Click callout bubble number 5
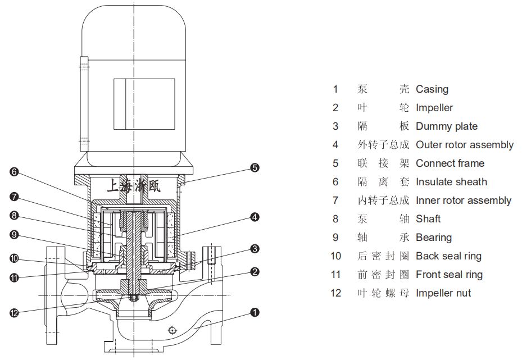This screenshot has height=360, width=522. [x=255, y=167]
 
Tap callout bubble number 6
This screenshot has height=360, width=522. [x=15, y=172]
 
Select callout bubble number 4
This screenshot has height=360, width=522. [x=255, y=216]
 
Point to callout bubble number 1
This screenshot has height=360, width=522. [x=255, y=312]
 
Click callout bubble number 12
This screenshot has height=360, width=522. [x=15, y=313]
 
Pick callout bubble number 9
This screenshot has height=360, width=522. [x=15, y=235]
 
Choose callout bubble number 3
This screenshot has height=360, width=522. [x=255, y=248]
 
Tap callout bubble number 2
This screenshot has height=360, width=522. [x=255, y=272]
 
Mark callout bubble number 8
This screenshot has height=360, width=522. [x=15, y=215]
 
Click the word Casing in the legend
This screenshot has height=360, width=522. [x=432, y=89]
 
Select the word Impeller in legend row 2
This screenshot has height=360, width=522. [x=434, y=108]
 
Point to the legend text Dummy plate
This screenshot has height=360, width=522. [x=446, y=126]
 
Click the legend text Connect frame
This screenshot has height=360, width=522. [x=450, y=163]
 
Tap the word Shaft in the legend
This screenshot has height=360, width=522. [x=428, y=219]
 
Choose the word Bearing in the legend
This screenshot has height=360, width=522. [x=433, y=238]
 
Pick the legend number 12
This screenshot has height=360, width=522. [x=335, y=293]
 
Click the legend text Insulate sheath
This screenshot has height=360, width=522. [x=451, y=182]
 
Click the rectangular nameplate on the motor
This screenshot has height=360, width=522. [x=137, y=103]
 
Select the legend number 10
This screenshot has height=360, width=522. [x=335, y=256]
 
